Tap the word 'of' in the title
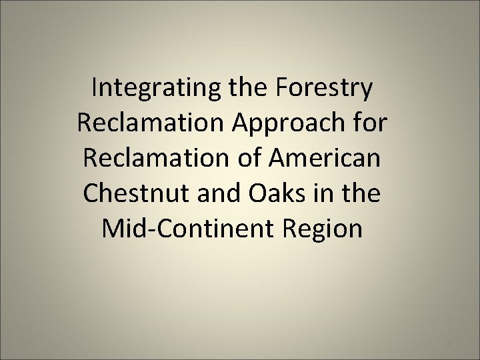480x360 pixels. coord(258,159)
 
